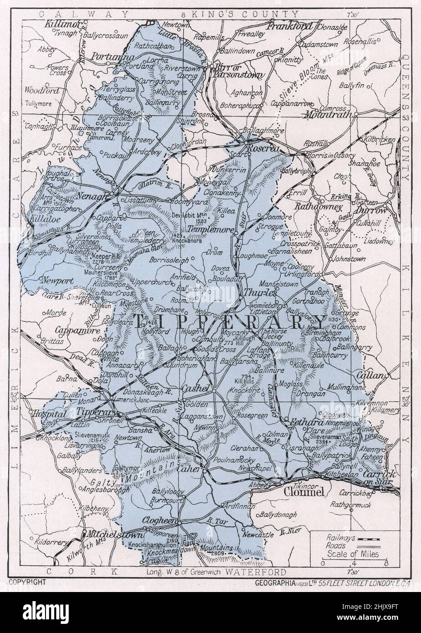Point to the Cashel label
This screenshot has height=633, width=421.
click(x=195, y=388)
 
